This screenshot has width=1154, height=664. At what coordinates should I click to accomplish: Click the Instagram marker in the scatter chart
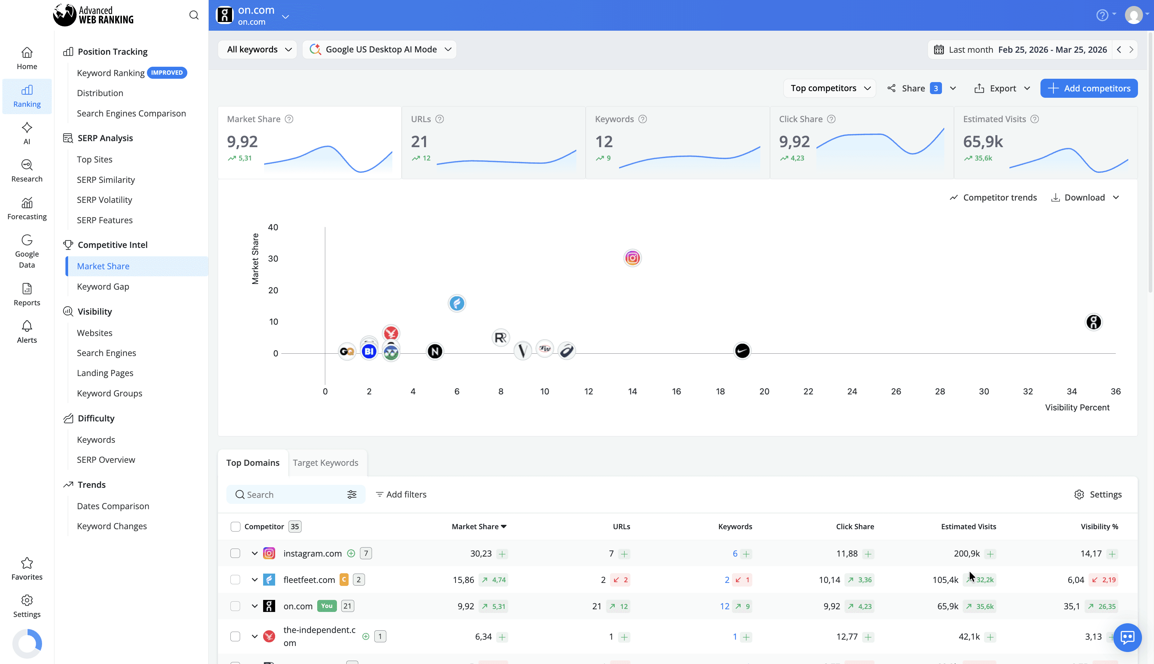tap(632, 258)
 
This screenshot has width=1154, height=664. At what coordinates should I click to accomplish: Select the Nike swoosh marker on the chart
tap(742, 351)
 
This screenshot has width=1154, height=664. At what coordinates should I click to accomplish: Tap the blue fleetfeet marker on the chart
tap(456, 303)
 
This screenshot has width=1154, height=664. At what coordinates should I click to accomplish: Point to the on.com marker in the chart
tap(1093, 322)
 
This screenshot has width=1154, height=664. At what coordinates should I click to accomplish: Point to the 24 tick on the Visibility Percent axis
tap(851, 391)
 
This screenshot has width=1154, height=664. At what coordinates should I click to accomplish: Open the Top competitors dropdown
tap(829, 88)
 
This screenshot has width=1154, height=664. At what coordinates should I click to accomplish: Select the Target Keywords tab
tap(325, 462)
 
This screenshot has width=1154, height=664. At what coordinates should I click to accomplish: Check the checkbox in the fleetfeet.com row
tap(235, 580)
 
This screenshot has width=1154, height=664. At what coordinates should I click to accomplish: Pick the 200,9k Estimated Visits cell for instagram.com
tap(966, 553)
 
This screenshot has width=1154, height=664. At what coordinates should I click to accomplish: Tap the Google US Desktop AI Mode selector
tap(380, 49)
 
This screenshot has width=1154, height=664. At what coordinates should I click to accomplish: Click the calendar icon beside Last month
tap(938, 50)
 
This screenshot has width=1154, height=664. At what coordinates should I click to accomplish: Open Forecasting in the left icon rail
tap(27, 209)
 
